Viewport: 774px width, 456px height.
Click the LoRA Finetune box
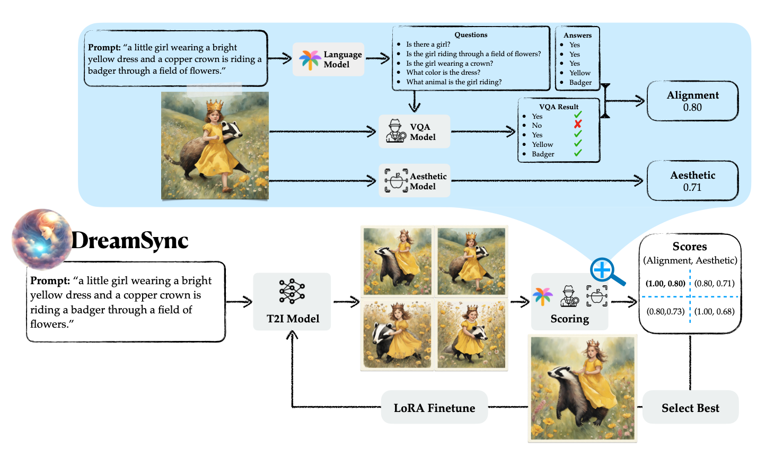(434, 408)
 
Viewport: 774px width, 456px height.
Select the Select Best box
(690, 408)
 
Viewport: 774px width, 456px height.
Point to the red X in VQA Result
(578, 125)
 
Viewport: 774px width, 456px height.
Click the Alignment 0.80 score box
(692, 101)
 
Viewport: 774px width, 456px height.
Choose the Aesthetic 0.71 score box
(692, 181)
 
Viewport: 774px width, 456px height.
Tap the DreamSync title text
(130, 240)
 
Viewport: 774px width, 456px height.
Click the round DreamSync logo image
(41, 239)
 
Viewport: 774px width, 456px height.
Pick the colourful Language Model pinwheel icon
(310, 59)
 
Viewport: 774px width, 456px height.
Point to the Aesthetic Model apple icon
(396, 180)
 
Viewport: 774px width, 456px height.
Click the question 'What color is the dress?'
(443, 73)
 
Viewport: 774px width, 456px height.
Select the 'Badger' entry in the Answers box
(580, 83)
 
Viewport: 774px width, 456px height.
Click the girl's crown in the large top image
(214, 105)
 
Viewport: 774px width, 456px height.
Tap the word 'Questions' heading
(471, 35)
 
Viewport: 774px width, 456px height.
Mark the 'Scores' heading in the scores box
(690, 247)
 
